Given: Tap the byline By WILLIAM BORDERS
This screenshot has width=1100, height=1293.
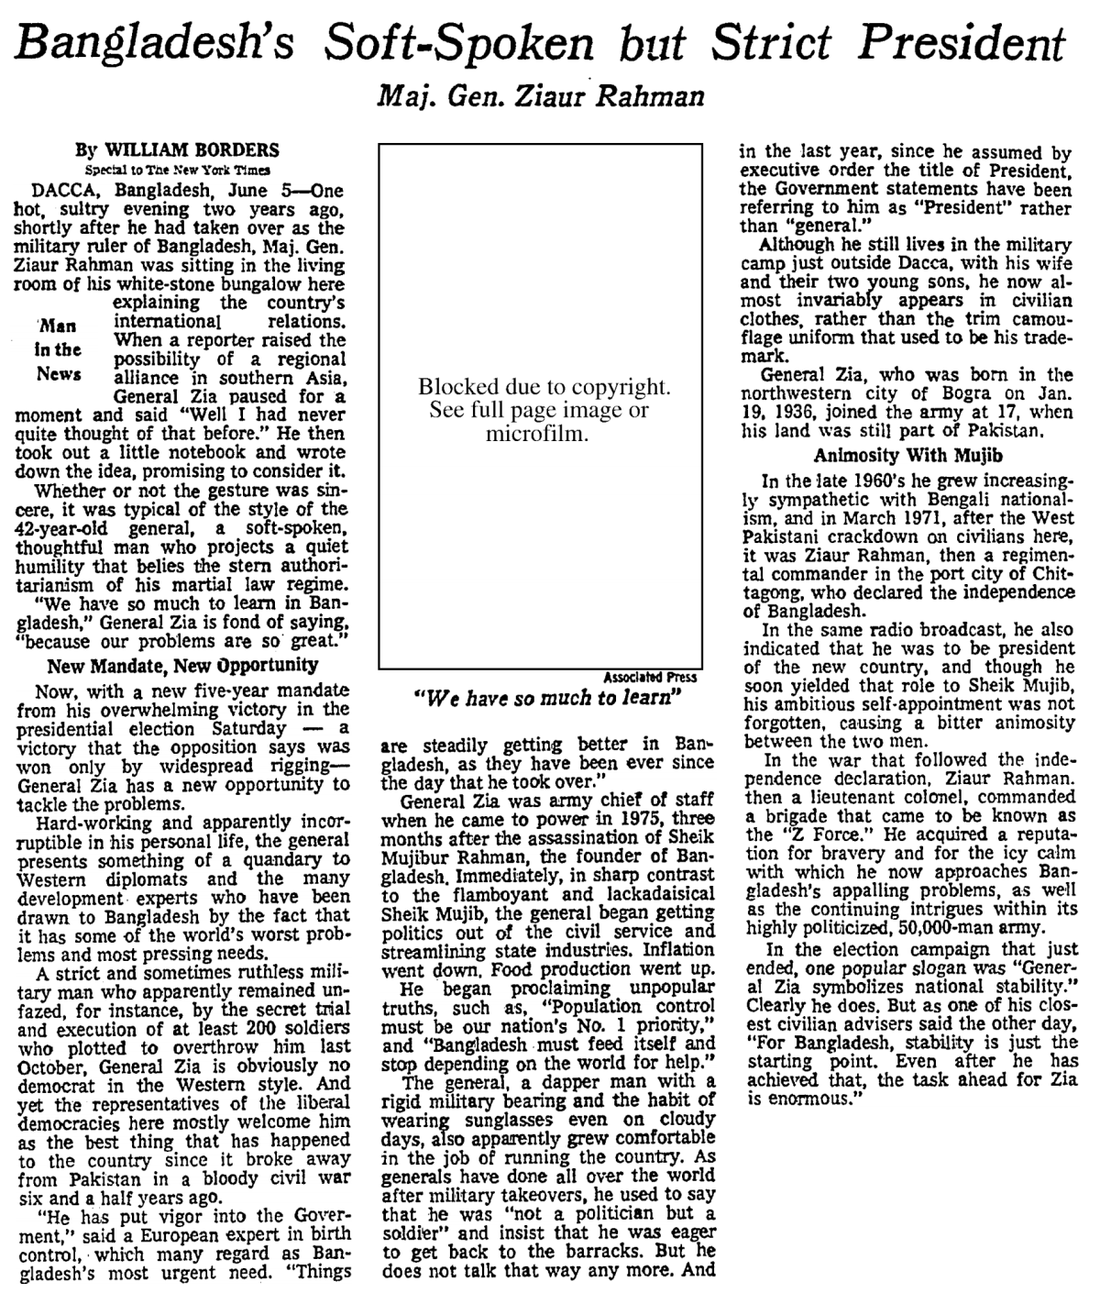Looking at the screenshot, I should coord(178,150).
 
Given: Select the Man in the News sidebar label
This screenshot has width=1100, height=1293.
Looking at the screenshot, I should coord(59,349).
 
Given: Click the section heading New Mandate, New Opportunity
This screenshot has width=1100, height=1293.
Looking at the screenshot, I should coord(182,665).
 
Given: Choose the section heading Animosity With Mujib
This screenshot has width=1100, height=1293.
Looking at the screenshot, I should coord(908,455).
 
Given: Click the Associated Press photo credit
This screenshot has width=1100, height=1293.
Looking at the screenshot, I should coord(650,678).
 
